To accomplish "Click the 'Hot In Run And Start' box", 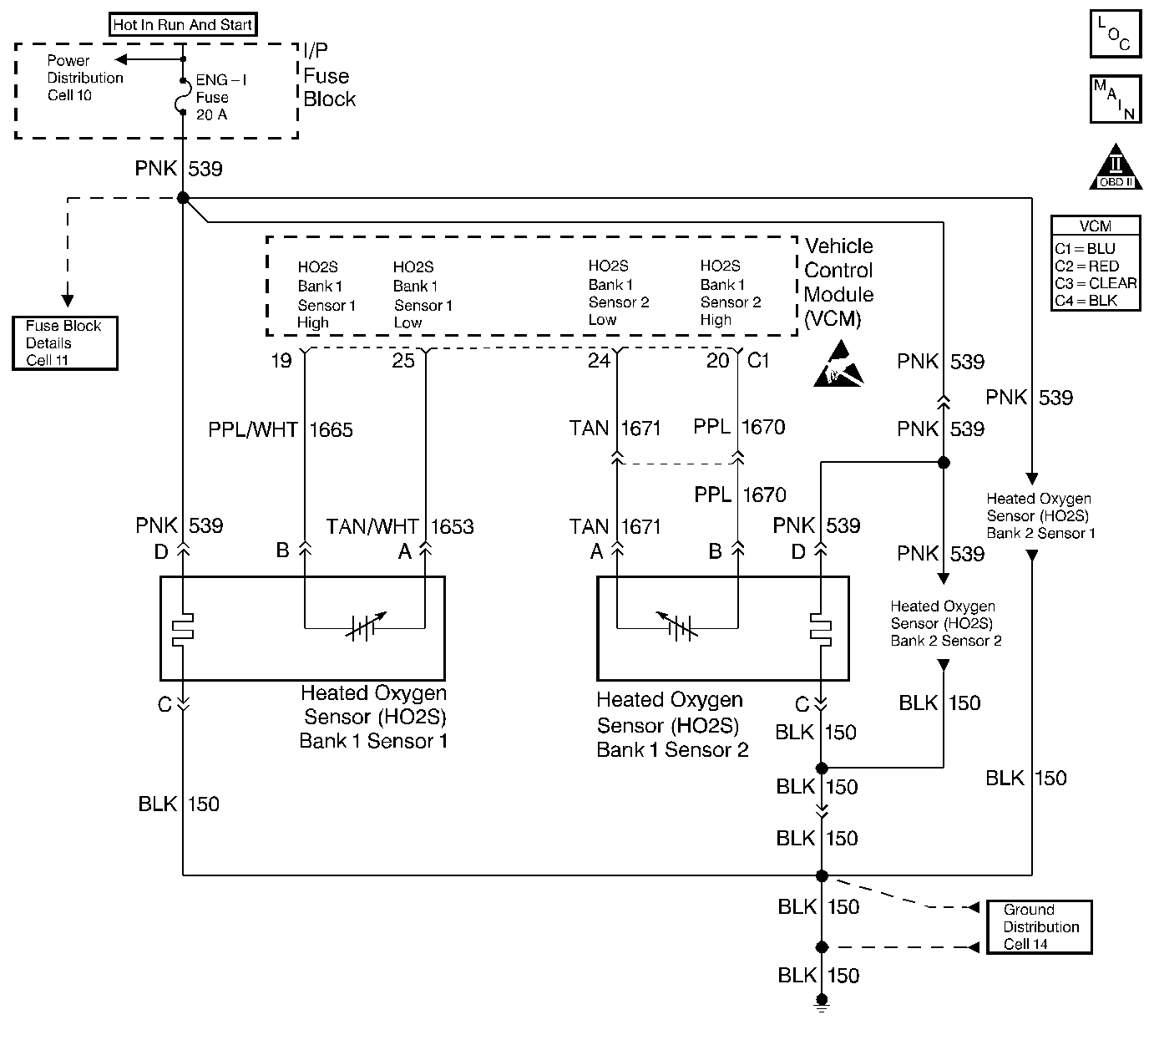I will [183, 25].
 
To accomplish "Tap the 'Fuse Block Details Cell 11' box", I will [64, 342].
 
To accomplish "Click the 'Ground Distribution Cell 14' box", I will [1039, 926].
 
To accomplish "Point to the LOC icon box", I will [1115, 34].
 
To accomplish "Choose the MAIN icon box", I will [1115, 99].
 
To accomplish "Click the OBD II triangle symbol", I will [1115, 168].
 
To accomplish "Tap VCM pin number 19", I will [281, 361].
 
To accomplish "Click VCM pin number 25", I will [403, 361].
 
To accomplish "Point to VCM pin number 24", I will [600, 361].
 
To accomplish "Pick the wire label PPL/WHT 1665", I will [281, 430].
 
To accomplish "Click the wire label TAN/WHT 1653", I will [400, 527].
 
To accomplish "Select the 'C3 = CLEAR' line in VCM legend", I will [1096, 283].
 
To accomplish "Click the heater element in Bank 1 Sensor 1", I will [182, 631].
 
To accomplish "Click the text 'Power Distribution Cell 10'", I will [84, 78].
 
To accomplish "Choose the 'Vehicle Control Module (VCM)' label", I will [838, 282].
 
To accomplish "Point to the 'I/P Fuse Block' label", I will [329, 76].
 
